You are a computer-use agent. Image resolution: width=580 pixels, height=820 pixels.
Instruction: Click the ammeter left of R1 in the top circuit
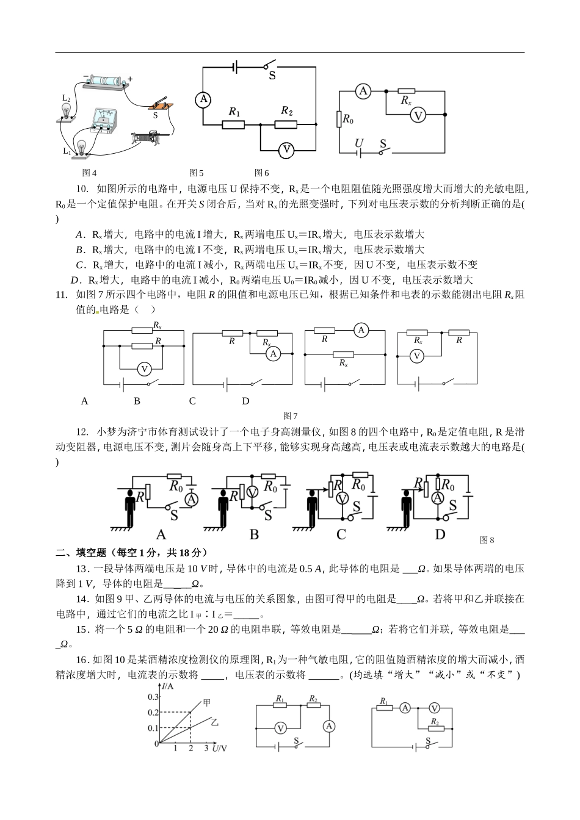click(203, 99)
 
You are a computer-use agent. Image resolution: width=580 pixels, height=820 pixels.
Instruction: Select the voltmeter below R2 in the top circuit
click(287, 149)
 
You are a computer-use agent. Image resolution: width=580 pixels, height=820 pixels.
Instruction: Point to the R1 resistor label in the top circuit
click(234, 112)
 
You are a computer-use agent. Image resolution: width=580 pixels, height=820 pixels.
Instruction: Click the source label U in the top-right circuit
click(359, 143)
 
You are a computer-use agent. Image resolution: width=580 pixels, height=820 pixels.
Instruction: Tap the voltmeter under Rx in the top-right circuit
click(418, 115)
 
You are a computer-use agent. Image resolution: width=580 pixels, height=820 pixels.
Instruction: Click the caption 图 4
click(90, 173)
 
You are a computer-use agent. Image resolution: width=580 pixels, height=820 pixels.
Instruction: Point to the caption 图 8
click(487, 540)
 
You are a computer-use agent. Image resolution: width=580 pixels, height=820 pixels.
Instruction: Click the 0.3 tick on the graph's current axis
click(152, 697)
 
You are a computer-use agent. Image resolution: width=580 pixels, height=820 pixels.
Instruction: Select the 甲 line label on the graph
click(207, 703)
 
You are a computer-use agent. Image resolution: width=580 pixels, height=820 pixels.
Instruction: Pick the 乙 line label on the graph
click(215, 721)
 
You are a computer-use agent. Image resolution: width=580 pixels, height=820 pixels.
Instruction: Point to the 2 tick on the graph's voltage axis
click(190, 748)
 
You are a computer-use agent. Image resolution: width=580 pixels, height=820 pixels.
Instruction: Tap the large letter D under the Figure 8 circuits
click(440, 534)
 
